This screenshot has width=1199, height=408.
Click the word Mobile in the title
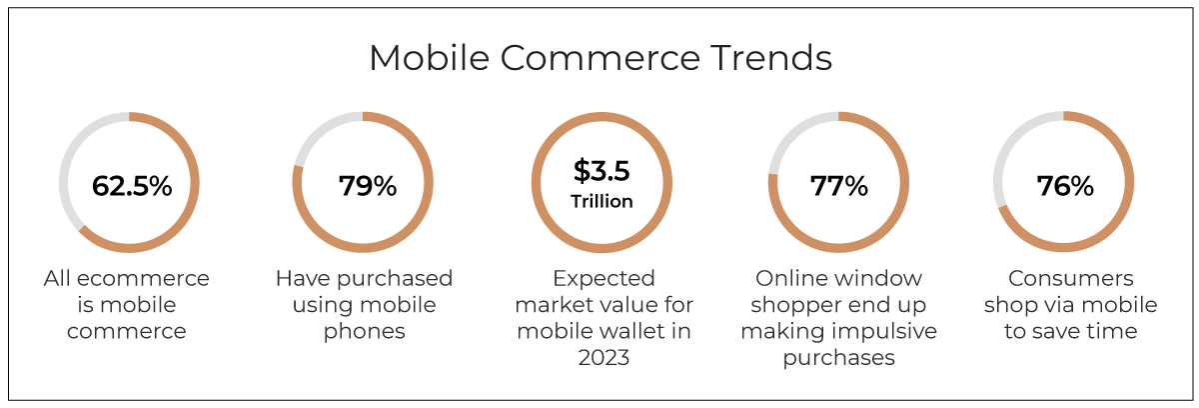click(x=430, y=57)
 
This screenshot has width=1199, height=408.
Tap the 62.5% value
click(x=132, y=186)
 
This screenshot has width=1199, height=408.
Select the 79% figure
click(x=368, y=186)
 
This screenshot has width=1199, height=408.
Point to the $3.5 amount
click(x=601, y=171)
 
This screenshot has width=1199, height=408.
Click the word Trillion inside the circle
click(x=601, y=201)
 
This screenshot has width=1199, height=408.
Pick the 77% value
click(x=838, y=186)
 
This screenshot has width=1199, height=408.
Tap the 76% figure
click(x=1065, y=186)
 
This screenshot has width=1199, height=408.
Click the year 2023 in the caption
click(x=603, y=358)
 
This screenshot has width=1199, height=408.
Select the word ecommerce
click(x=143, y=278)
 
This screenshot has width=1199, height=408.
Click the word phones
click(x=364, y=331)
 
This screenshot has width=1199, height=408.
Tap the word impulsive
click(x=889, y=331)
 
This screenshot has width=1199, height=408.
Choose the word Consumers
click(x=1070, y=278)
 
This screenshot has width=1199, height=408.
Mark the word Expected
click(x=603, y=279)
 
